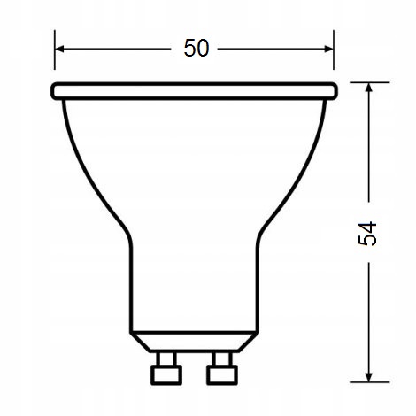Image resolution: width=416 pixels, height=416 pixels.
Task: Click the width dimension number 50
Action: [196, 48]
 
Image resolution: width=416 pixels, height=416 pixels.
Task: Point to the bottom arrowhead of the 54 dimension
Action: [369, 378]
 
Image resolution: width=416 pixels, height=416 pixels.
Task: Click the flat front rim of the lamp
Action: [194, 90]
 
